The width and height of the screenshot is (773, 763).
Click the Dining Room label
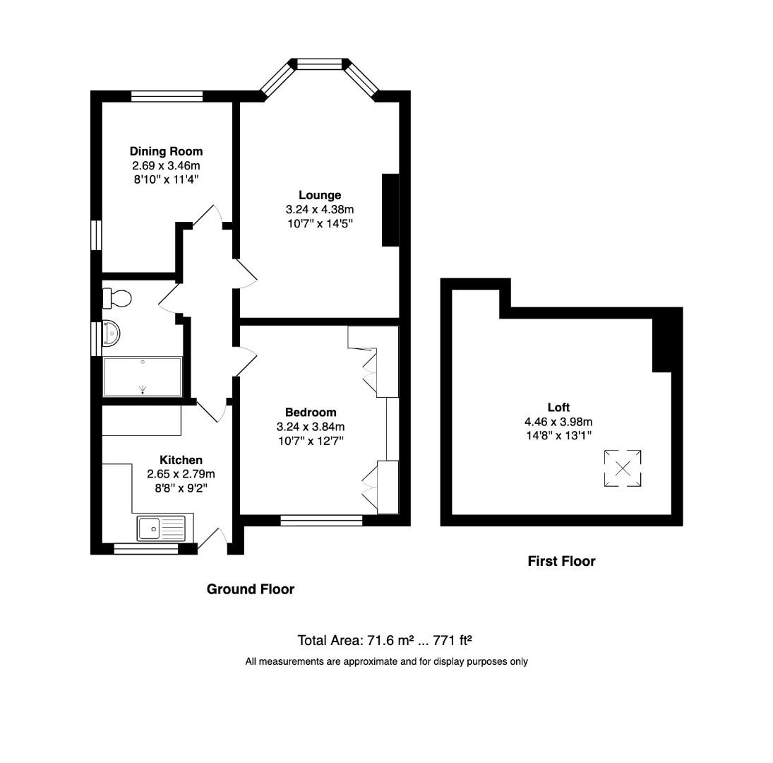tap(166, 151)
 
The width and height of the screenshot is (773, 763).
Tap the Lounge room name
tap(319, 195)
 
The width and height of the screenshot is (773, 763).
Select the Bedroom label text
tap(311, 412)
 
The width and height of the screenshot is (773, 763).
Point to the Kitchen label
tap(181, 460)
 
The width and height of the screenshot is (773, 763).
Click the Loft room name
tap(558, 407)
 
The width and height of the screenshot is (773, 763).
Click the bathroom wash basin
tap(111, 333)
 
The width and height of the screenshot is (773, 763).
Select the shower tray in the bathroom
tap(143, 377)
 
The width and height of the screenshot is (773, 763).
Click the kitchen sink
tap(150, 527)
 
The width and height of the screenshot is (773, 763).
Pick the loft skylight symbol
tap(623, 468)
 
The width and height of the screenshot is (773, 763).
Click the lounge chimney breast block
tap(390, 210)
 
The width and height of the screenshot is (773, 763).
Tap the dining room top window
tap(167, 96)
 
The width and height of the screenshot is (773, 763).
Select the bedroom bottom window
tap(321, 521)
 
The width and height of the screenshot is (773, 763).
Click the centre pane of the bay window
tap(319, 64)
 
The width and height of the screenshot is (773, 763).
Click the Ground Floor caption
tap(250, 589)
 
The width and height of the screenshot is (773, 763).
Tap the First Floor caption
tap(561, 561)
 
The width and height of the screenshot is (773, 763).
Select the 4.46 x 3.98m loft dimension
tap(558, 422)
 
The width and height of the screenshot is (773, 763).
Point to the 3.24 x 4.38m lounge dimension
tap(319, 210)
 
